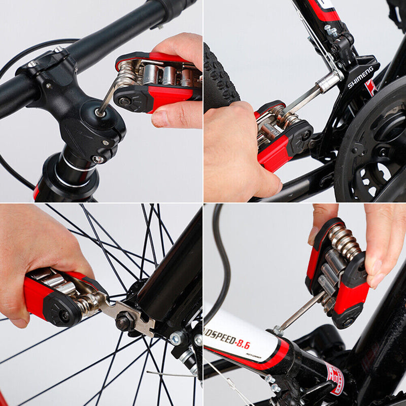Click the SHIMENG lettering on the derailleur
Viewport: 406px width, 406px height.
tap(361, 77)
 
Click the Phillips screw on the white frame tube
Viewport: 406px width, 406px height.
tap(278, 331)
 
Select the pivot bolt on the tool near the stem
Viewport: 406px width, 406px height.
tap(124, 101)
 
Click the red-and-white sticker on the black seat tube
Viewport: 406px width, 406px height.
tap(334, 378)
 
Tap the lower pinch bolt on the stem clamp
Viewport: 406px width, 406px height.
tap(98, 159)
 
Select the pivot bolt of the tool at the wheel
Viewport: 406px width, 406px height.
tap(64, 315)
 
